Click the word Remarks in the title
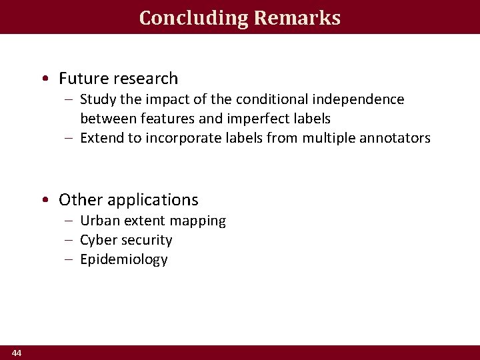pos(297,18)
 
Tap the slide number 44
pos(17,353)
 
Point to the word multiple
pos(327,138)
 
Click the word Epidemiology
pos(124,259)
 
